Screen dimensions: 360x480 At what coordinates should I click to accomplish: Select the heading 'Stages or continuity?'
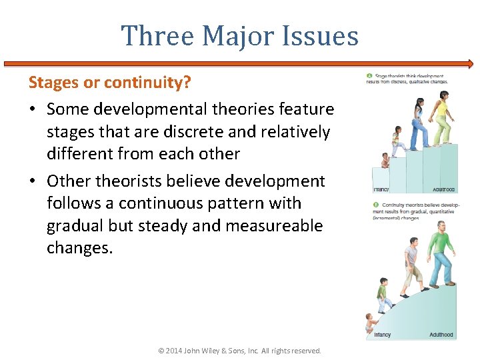pos(109,83)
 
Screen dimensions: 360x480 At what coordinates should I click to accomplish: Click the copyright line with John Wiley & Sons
pos(239,350)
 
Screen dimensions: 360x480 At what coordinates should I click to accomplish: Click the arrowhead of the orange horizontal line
pos(471,65)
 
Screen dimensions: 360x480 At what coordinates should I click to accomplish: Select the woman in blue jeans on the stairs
pos(419,124)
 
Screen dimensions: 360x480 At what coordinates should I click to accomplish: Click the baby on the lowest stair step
pos(385,160)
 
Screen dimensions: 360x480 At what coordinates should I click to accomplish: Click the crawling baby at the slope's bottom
pos(371,324)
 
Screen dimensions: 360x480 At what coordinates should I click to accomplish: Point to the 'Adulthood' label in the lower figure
pos(441,335)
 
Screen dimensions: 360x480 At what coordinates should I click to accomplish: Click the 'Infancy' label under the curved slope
pos(383,335)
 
